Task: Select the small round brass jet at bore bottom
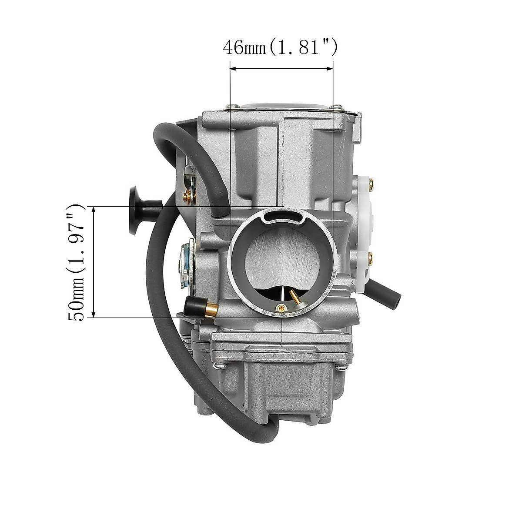point(282,308)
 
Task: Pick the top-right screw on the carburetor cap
point(336,105)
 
